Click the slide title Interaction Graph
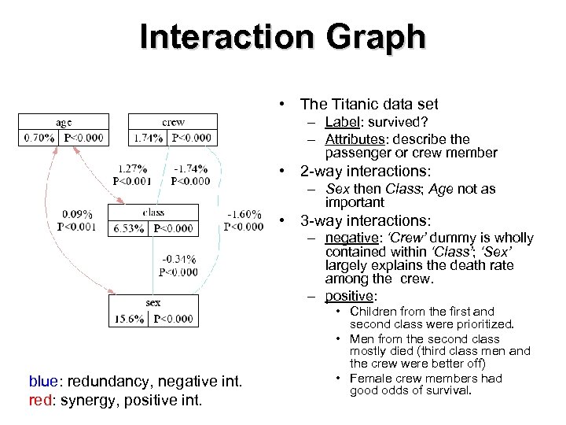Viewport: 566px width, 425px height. [x=283, y=36]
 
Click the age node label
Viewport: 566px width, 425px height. [x=64, y=122]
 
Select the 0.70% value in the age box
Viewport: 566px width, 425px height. [x=39, y=138]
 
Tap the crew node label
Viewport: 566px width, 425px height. [x=173, y=122]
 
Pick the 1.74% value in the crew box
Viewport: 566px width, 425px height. [x=149, y=138]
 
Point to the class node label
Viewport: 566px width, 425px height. [x=153, y=213]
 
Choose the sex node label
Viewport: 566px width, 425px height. [x=153, y=302]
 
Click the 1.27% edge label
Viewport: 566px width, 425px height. [x=132, y=168]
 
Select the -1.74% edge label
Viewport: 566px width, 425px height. [x=190, y=168]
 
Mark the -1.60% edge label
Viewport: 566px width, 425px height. [x=244, y=214]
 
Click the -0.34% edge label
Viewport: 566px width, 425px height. [x=178, y=259]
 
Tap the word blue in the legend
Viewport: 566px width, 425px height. [x=42, y=382]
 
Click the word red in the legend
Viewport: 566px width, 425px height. [x=40, y=399]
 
